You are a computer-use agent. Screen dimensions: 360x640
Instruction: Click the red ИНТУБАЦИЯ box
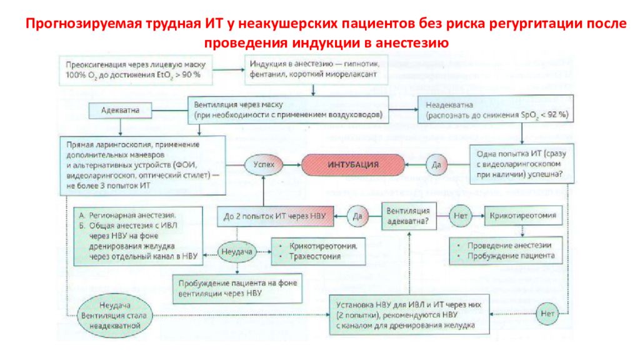click(353, 164)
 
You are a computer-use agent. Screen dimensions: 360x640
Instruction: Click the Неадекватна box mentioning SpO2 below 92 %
click(496, 111)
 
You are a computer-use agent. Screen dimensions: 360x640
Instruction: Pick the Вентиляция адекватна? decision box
click(409, 216)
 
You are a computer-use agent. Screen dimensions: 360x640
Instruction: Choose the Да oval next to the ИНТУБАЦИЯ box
click(436, 164)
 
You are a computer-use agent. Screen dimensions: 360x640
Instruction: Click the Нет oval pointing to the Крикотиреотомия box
click(459, 216)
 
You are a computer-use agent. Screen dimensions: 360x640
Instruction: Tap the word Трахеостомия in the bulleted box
click(316, 256)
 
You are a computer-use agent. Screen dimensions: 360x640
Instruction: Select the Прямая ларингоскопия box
click(143, 165)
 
